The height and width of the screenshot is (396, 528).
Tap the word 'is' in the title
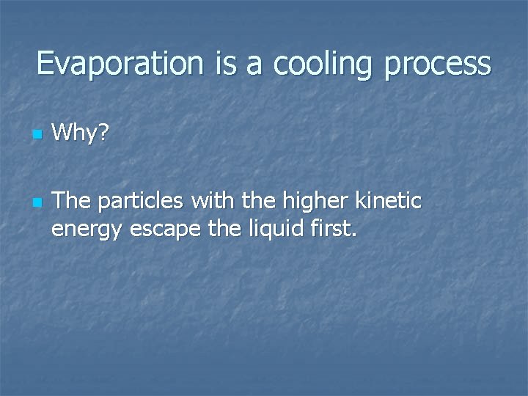click(x=227, y=64)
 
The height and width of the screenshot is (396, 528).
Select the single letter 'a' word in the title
click(x=255, y=64)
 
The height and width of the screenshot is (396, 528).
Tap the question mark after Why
click(x=104, y=133)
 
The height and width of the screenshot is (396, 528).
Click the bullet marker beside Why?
click(x=36, y=136)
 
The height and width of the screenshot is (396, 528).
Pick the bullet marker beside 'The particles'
click(x=36, y=201)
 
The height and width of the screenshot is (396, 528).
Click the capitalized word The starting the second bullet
click(x=70, y=200)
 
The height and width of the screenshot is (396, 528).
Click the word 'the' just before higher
click(x=250, y=200)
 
